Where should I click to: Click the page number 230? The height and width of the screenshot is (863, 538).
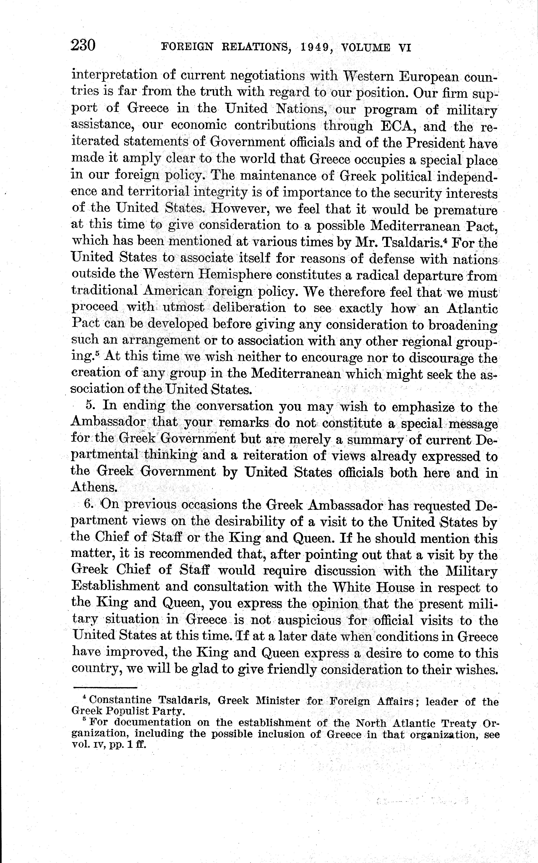coord(83,46)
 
